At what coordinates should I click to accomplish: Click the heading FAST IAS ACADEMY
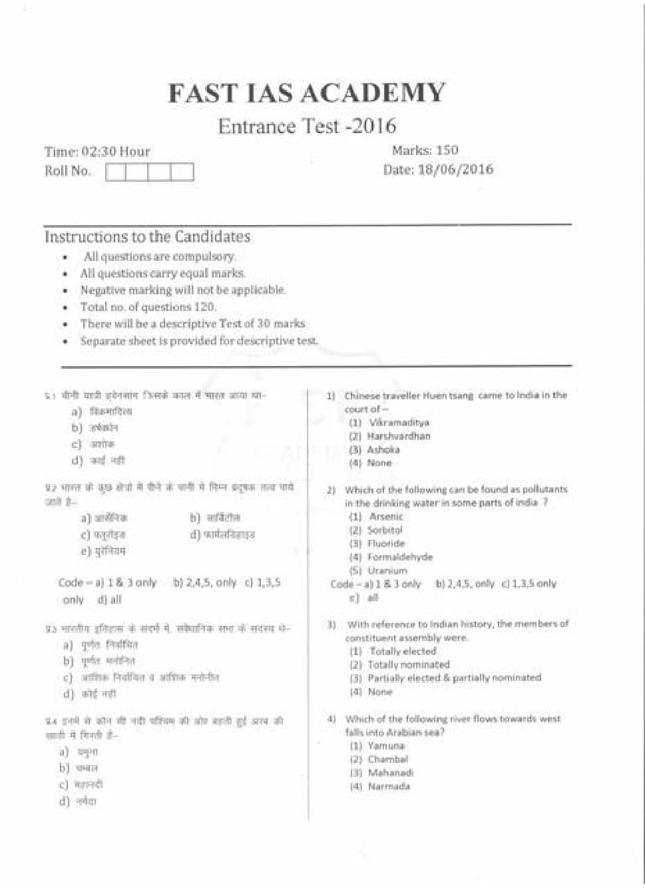click(x=306, y=93)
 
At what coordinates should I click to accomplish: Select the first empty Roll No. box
click(x=116, y=172)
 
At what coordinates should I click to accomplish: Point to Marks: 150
click(x=425, y=150)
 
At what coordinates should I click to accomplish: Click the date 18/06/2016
click(x=455, y=169)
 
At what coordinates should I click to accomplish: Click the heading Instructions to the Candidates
click(x=147, y=237)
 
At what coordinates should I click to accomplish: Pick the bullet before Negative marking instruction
click(x=65, y=291)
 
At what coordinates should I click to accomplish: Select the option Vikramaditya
click(x=399, y=423)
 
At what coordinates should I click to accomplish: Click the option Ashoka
click(x=383, y=449)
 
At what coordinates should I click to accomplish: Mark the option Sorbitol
click(x=385, y=530)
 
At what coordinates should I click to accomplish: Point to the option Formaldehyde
click(x=399, y=556)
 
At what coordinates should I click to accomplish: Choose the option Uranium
click(x=387, y=570)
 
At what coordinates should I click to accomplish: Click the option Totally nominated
click(x=408, y=664)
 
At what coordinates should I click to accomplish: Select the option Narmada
click(x=389, y=786)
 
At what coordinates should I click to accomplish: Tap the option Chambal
click(x=387, y=759)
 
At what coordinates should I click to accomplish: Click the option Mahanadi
click(x=390, y=773)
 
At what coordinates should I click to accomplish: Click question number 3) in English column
click(x=331, y=624)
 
